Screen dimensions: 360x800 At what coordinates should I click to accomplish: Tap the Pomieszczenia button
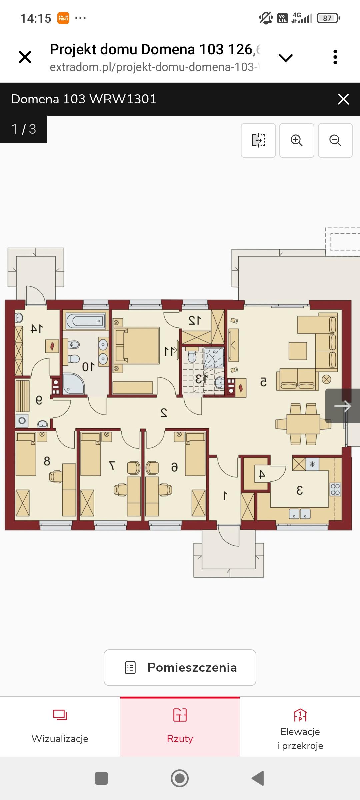180,667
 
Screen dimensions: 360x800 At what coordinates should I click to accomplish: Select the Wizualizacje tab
60,727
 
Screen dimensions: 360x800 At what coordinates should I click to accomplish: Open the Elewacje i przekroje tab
300,727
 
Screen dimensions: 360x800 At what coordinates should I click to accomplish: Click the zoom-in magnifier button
297,140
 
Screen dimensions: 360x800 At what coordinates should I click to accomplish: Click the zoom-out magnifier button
335,140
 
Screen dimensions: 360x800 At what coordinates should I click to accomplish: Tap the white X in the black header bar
343,99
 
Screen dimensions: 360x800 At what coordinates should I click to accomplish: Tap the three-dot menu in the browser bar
335,57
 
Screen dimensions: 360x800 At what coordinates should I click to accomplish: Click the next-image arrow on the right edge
343,406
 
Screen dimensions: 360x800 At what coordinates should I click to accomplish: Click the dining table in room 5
303,424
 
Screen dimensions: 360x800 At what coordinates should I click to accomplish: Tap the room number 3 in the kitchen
299,490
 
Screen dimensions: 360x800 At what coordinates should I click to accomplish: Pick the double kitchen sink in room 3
300,514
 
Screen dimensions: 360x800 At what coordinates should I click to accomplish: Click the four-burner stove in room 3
335,489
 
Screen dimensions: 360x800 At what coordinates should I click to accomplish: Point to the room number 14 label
37,329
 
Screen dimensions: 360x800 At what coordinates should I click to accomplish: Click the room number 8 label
47,461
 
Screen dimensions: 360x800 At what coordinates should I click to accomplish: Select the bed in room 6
195,454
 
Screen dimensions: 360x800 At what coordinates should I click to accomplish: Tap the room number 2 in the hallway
164,413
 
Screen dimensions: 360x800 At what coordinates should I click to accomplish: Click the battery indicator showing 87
328,18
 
